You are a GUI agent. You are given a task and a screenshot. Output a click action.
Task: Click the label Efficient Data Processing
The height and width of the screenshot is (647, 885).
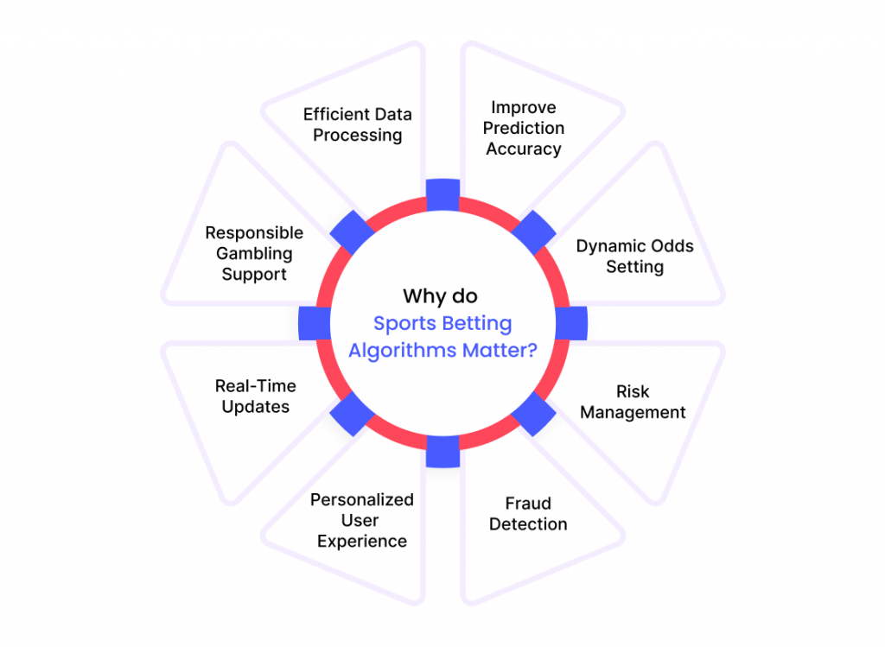click(357, 124)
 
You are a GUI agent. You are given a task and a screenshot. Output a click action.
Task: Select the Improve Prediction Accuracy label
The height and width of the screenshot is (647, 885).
click(524, 128)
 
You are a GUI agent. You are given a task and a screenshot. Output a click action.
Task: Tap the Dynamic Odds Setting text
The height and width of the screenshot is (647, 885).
click(635, 256)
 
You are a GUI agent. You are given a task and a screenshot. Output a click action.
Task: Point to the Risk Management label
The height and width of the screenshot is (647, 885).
click(633, 403)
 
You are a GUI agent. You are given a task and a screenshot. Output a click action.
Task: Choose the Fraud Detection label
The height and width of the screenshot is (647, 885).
click(528, 514)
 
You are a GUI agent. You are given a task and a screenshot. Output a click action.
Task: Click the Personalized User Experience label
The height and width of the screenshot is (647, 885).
click(362, 520)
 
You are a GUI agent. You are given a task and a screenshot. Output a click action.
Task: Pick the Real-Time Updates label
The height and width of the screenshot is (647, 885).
click(256, 396)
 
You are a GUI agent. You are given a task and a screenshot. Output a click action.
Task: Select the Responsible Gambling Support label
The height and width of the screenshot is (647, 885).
click(254, 253)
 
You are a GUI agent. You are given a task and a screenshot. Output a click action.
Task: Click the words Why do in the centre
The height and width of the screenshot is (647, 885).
click(440, 296)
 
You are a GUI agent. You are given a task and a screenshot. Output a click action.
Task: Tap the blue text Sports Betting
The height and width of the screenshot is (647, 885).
click(442, 324)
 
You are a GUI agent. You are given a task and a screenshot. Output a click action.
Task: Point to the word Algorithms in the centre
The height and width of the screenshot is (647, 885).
click(403, 351)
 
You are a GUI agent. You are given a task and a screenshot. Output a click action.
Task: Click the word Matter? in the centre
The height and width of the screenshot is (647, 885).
click(500, 351)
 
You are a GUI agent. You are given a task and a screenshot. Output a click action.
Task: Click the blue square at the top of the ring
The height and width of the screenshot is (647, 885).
click(443, 195)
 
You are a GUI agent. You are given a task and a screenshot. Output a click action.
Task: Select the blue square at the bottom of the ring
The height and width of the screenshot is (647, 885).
click(443, 451)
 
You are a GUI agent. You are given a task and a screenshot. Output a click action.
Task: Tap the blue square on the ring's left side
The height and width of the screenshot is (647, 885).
click(315, 324)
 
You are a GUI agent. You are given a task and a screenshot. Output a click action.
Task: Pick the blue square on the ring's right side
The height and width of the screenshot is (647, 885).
click(571, 324)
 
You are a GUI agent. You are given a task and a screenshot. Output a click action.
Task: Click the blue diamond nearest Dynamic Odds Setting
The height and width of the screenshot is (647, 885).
click(533, 233)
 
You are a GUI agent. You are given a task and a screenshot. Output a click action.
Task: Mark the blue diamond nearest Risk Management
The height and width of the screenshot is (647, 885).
click(533, 414)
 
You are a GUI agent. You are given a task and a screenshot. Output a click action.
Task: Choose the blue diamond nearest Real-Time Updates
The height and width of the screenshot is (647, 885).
click(353, 414)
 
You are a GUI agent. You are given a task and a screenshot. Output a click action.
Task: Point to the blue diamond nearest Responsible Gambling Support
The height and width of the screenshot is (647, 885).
click(353, 233)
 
